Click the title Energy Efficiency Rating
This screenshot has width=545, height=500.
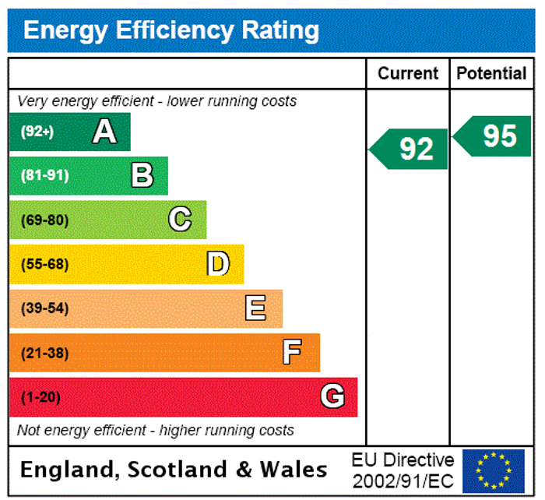(171, 30)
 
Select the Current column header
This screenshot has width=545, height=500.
(408, 73)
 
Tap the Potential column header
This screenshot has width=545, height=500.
(491, 73)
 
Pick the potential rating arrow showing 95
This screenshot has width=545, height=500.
(494, 136)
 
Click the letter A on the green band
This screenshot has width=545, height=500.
(104, 132)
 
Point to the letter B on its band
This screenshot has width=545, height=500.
(142, 175)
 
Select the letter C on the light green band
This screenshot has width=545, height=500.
(180, 220)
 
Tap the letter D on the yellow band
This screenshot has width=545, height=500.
(218, 264)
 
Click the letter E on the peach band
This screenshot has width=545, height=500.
(255, 308)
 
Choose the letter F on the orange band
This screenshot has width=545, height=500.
(292, 353)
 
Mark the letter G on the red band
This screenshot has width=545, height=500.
(332, 397)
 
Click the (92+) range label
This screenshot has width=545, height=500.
(37, 132)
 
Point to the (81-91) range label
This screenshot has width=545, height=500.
(44, 176)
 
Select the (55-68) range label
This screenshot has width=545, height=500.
(44, 265)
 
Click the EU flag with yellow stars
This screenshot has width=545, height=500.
(493, 470)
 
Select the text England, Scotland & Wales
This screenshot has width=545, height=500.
(174, 470)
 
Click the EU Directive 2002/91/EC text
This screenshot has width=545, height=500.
(403, 470)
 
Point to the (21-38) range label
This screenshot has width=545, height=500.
(44, 354)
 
